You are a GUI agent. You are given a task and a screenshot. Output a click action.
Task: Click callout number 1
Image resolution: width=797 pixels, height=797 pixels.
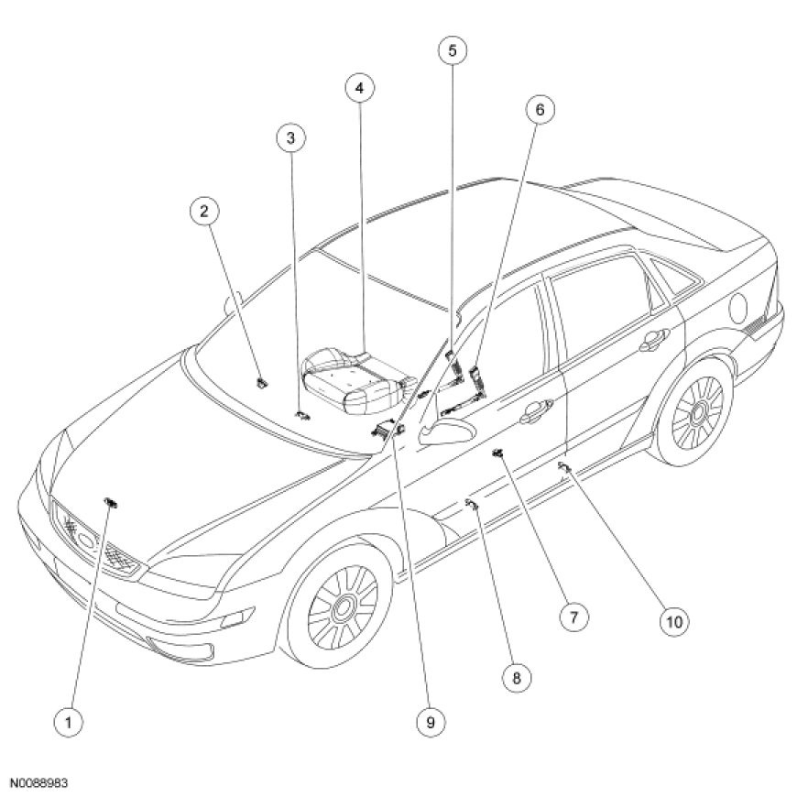coord(67,722)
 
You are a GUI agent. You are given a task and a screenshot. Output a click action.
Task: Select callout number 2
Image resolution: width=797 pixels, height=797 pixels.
coord(205,212)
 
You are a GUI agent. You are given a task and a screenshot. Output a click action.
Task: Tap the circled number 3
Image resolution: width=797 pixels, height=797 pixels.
coord(290,138)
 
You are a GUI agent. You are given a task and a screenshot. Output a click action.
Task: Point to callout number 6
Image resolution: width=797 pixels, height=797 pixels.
coord(540,110)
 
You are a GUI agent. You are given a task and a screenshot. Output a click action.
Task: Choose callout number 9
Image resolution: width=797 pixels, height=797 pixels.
coord(429,722)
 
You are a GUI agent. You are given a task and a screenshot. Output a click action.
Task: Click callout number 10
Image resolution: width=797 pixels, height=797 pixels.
coord(673,621)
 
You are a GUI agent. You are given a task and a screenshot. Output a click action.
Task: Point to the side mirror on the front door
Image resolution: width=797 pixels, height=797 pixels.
coord(446,431)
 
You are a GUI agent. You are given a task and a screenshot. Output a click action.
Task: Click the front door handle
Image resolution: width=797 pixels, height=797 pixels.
coord(531,419)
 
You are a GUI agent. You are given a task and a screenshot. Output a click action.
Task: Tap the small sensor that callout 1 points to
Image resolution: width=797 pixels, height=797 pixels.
coord(112,501)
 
